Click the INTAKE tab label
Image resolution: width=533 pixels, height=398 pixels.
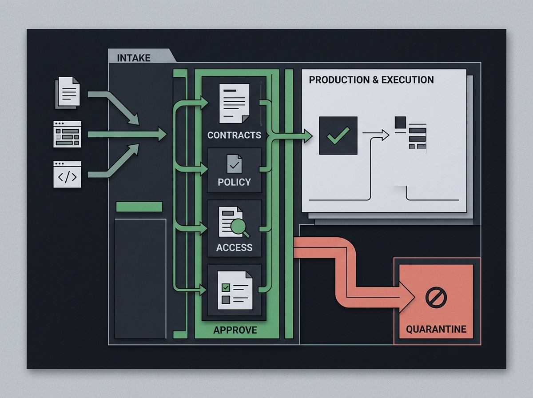pos(133,58)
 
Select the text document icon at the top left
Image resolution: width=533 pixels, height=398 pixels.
pos(68,92)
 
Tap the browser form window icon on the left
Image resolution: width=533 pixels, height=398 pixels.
pos(68,134)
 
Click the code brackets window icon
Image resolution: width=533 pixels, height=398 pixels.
pos(68,174)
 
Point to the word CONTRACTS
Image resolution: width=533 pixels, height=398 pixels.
pos(234,135)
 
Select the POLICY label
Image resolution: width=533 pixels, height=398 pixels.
pos(234,182)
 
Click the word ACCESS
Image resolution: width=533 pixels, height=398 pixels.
pos(234,247)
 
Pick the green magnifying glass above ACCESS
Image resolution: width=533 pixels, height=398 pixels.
pos(240,228)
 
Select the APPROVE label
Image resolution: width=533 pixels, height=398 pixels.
pos(235,330)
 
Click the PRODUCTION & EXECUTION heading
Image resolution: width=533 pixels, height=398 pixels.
pos(371,80)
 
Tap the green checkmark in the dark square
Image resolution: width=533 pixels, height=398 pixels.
pos(338,135)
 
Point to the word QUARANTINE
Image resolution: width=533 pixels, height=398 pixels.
pos(436,329)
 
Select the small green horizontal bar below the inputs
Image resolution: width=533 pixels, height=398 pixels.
pos(139,207)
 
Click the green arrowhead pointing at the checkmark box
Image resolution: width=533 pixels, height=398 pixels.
pos(307,135)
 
